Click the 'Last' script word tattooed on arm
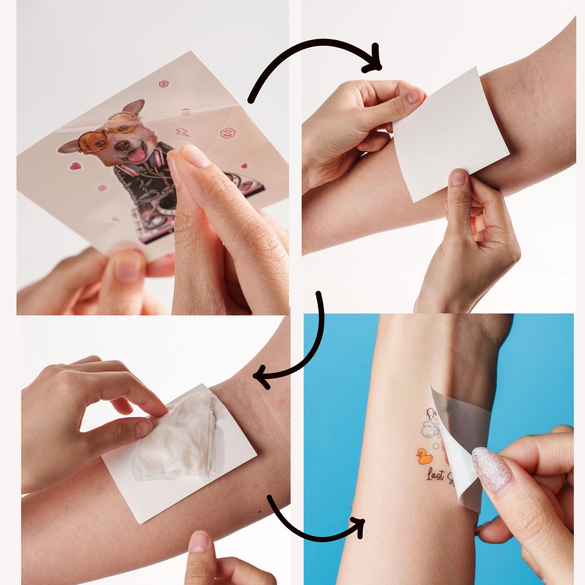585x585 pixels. [x=436, y=484]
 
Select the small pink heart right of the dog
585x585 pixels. [x=244, y=166]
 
